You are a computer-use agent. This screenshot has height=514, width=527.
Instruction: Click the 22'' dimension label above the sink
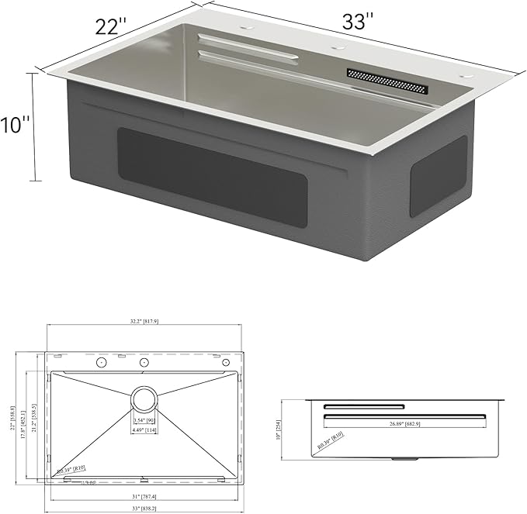[111, 27]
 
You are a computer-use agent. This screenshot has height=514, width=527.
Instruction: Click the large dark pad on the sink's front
[211, 177]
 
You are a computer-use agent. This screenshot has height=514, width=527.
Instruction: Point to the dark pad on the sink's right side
[438, 176]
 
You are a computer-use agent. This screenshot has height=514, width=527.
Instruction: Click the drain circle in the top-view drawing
[144, 400]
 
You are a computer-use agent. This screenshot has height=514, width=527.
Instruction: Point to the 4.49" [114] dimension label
[144, 431]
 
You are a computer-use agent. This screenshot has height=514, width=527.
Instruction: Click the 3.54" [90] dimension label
[144, 421]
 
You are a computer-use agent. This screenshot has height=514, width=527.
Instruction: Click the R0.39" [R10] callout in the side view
[331, 441]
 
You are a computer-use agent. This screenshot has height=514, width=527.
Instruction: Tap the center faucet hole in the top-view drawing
[144, 363]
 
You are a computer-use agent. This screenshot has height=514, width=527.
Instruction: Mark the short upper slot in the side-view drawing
[363, 407]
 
